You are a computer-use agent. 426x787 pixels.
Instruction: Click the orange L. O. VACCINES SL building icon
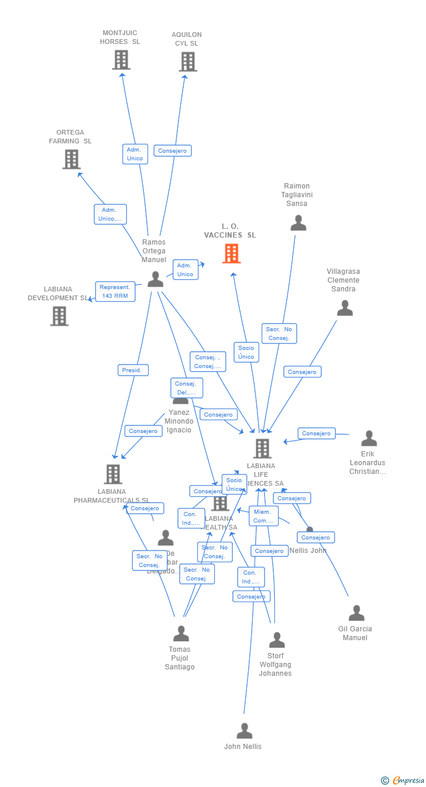[x=231, y=253]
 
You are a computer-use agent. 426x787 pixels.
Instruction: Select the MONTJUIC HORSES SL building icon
[x=121, y=60]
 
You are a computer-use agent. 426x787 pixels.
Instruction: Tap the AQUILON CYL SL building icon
[x=188, y=61]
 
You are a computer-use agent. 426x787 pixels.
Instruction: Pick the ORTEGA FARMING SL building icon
[x=71, y=159]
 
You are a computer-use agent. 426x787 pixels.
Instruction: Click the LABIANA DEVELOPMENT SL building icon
[x=59, y=316]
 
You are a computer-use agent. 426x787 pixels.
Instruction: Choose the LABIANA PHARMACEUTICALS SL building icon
[x=113, y=474]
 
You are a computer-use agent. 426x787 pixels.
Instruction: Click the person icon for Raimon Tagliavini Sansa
[x=298, y=223]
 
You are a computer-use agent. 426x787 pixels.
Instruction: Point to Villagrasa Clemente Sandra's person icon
[x=345, y=308]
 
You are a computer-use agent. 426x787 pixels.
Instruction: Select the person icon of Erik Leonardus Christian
[x=369, y=438]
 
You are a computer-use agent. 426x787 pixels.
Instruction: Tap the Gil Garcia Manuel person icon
[x=356, y=613]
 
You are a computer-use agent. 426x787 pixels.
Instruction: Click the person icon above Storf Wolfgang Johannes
[x=277, y=640]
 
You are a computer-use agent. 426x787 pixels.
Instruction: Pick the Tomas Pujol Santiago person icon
[x=181, y=634]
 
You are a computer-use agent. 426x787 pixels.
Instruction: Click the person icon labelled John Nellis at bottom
[x=244, y=731]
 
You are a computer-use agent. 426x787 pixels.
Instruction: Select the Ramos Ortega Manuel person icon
[x=155, y=279]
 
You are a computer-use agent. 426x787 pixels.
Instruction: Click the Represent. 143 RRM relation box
[x=115, y=291]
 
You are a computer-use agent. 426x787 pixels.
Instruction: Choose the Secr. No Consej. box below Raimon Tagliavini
[x=279, y=334]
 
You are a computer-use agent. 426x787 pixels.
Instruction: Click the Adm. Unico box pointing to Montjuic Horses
[x=135, y=154]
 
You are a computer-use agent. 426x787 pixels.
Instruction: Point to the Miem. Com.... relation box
[x=263, y=516]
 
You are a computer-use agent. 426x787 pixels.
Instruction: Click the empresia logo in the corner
[x=408, y=780]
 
